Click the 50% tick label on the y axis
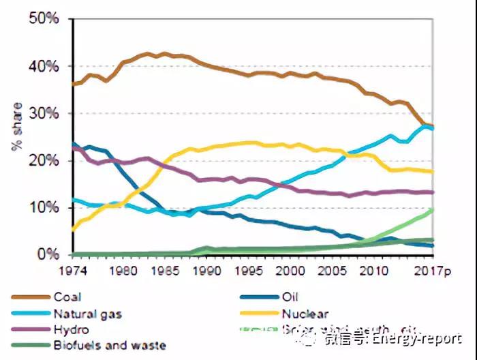(44, 19)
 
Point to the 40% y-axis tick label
(44, 67)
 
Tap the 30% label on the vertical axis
(44, 114)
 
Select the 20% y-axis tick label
(44, 161)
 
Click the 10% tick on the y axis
(44, 208)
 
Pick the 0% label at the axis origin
(48, 254)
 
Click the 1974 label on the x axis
(73, 269)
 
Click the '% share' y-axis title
(17, 129)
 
